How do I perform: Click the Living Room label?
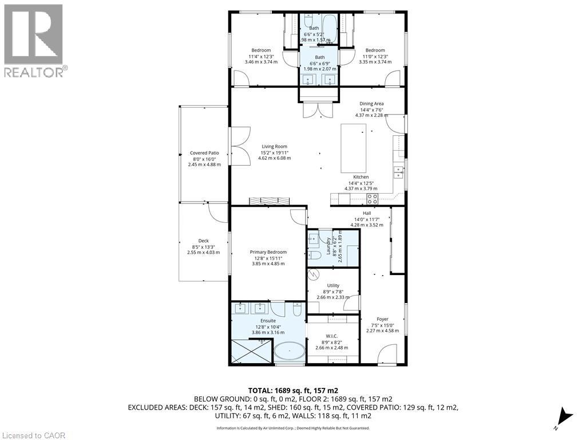click(x=274, y=147)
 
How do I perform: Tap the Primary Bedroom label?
click(x=268, y=252)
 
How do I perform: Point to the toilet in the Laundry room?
click(x=314, y=256)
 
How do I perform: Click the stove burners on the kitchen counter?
click(x=372, y=199)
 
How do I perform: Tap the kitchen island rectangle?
click(x=354, y=148)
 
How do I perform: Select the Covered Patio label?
click(x=204, y=153)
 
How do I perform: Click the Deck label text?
click(x=203, y=241)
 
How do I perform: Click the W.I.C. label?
click(x=332, y=336)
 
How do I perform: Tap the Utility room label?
click(x=333, y=285)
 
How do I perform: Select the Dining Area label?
click(x=371, y=104)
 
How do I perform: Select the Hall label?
click(x=367, y=213)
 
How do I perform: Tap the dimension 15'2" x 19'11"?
click(x=274, y=152)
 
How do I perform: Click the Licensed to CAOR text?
click(x=33, y=435)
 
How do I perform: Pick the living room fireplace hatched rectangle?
click(x=269, y=201)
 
